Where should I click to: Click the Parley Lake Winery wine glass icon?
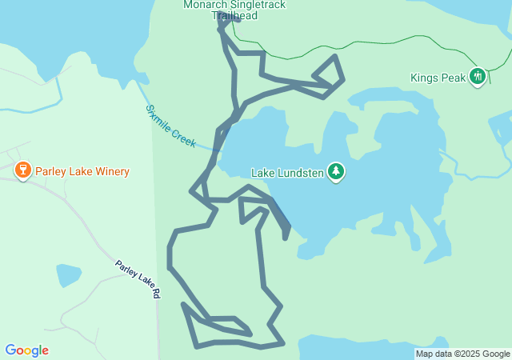point(23,170)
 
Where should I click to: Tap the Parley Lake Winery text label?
point(82,171)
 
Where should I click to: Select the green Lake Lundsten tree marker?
point(337,171)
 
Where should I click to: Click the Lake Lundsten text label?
point(288,172)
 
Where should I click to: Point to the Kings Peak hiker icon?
point(478,77)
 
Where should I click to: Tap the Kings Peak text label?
point(437,78)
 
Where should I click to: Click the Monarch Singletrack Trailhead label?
point(234,10)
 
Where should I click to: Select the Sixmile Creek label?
point(170,126)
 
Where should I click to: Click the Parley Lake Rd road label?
point(137,279)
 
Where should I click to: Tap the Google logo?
point(26,350)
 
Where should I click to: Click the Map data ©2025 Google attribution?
point(462,354)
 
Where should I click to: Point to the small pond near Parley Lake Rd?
point(68,275)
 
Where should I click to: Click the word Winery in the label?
point(111,171)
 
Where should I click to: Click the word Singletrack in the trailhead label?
point(258,5)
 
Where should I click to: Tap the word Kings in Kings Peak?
point(424,78)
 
